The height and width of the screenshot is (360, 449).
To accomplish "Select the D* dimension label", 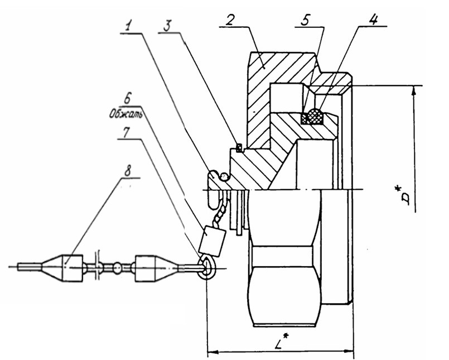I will click(412, 197).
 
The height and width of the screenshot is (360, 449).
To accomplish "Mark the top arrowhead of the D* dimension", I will click(413, 90).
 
